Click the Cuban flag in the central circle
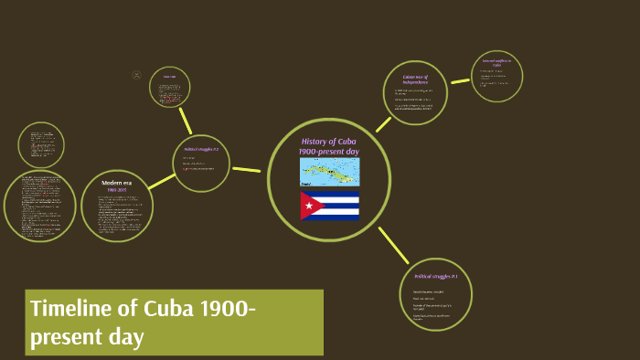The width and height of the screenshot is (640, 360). tap(330, 206)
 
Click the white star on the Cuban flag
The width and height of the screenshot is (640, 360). tap(308, 206)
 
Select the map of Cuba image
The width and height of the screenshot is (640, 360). tap(329, 172)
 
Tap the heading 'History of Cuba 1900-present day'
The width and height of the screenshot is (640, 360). tap(329, 145)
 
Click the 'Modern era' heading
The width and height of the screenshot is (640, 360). tap(117, 183)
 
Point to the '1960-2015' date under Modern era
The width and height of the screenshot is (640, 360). tap(117, 190)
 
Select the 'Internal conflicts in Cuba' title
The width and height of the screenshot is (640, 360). tap(497, 63)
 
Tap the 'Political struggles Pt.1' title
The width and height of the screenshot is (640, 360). tap(436, 276)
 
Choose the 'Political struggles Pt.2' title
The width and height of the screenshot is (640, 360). tap(201, 149)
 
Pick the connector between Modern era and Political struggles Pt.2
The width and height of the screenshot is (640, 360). tap(162, 181)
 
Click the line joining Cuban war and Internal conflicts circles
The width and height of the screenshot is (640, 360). tap(460, 80)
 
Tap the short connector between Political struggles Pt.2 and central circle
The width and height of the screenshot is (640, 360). tap(247, 169)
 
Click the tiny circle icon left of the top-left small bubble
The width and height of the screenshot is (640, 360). tap(136, 75)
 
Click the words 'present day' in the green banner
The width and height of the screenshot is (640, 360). tap(88, 336)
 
